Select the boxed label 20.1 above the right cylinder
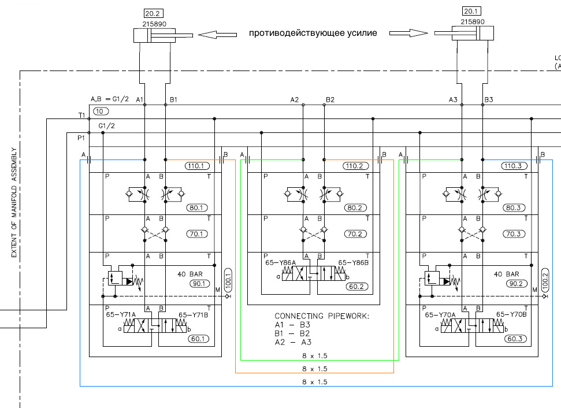(471, 11)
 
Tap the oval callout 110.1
(197, 166)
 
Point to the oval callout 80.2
(355, 208)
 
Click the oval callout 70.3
(514, 234)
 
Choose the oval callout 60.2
(356, 287)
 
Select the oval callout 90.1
(199, 284)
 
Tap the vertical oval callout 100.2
(545, 281)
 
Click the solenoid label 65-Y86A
(281, 263)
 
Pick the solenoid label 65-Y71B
(193, 315)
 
